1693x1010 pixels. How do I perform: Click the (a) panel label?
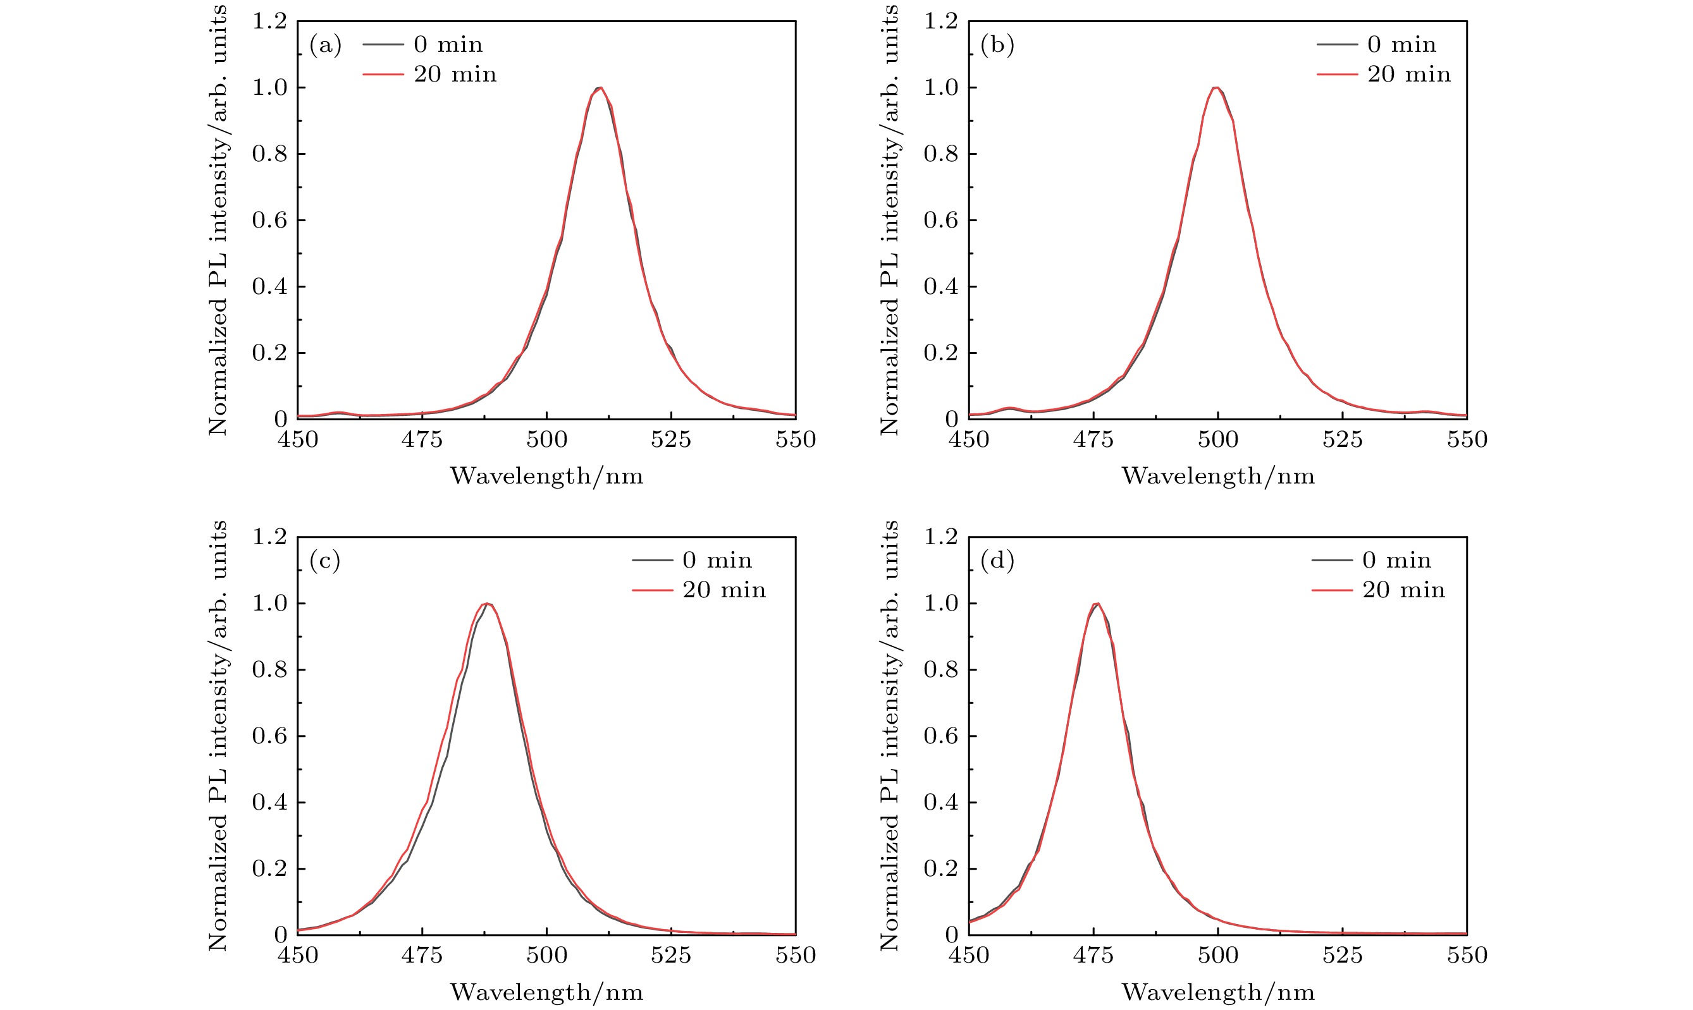point(325,45)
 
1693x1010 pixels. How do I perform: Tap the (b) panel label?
point(996,45)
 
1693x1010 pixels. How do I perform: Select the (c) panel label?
point(324,561)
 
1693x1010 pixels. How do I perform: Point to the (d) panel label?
point(996,561)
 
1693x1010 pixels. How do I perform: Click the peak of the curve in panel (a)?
point(600,88)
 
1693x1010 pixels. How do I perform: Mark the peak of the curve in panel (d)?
point(1097,604)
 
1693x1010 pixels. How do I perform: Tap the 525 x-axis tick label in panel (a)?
point(671,440)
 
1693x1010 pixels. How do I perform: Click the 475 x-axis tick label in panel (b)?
point(1093,440)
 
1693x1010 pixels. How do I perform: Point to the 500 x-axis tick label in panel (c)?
point(546,956)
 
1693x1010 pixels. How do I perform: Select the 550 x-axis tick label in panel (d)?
point(1467,956)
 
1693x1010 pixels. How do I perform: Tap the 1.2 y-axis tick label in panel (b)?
point(940,21)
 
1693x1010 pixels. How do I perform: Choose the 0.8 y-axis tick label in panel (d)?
point(940,670)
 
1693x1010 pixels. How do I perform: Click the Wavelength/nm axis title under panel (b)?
point(1217,477)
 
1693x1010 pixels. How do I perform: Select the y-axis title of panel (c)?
point(218,736)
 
